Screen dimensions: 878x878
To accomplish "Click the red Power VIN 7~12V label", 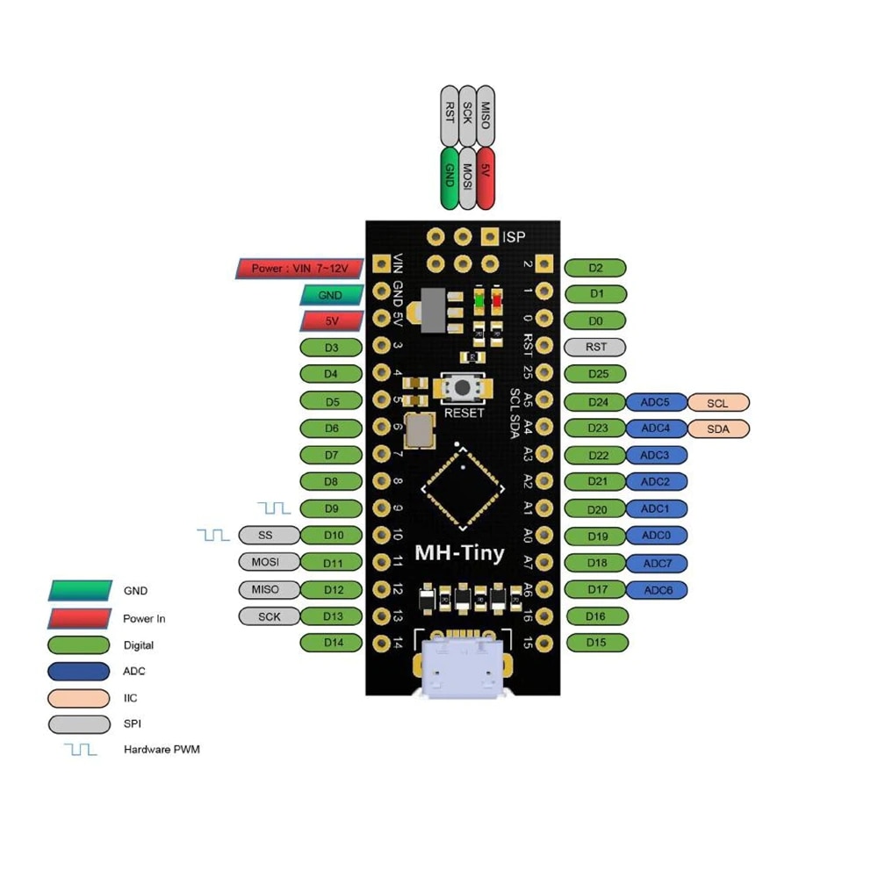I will (300, 269).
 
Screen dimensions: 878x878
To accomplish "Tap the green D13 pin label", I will (332, 616).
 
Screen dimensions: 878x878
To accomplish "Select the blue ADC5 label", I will (656, 403).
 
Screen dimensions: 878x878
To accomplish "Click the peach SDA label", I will (718, 429).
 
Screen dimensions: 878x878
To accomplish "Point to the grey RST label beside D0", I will (595, 347).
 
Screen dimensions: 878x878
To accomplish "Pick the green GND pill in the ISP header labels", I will (450, 178).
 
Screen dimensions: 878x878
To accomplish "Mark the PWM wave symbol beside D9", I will (274, 507).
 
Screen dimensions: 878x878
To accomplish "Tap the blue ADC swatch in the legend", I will (80, 672).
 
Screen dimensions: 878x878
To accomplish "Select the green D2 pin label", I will (595, 268).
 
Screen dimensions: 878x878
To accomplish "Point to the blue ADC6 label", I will (658, 590).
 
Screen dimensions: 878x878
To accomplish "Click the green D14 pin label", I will (332, 643).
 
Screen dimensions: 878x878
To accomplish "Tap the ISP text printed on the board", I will (514, 236).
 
